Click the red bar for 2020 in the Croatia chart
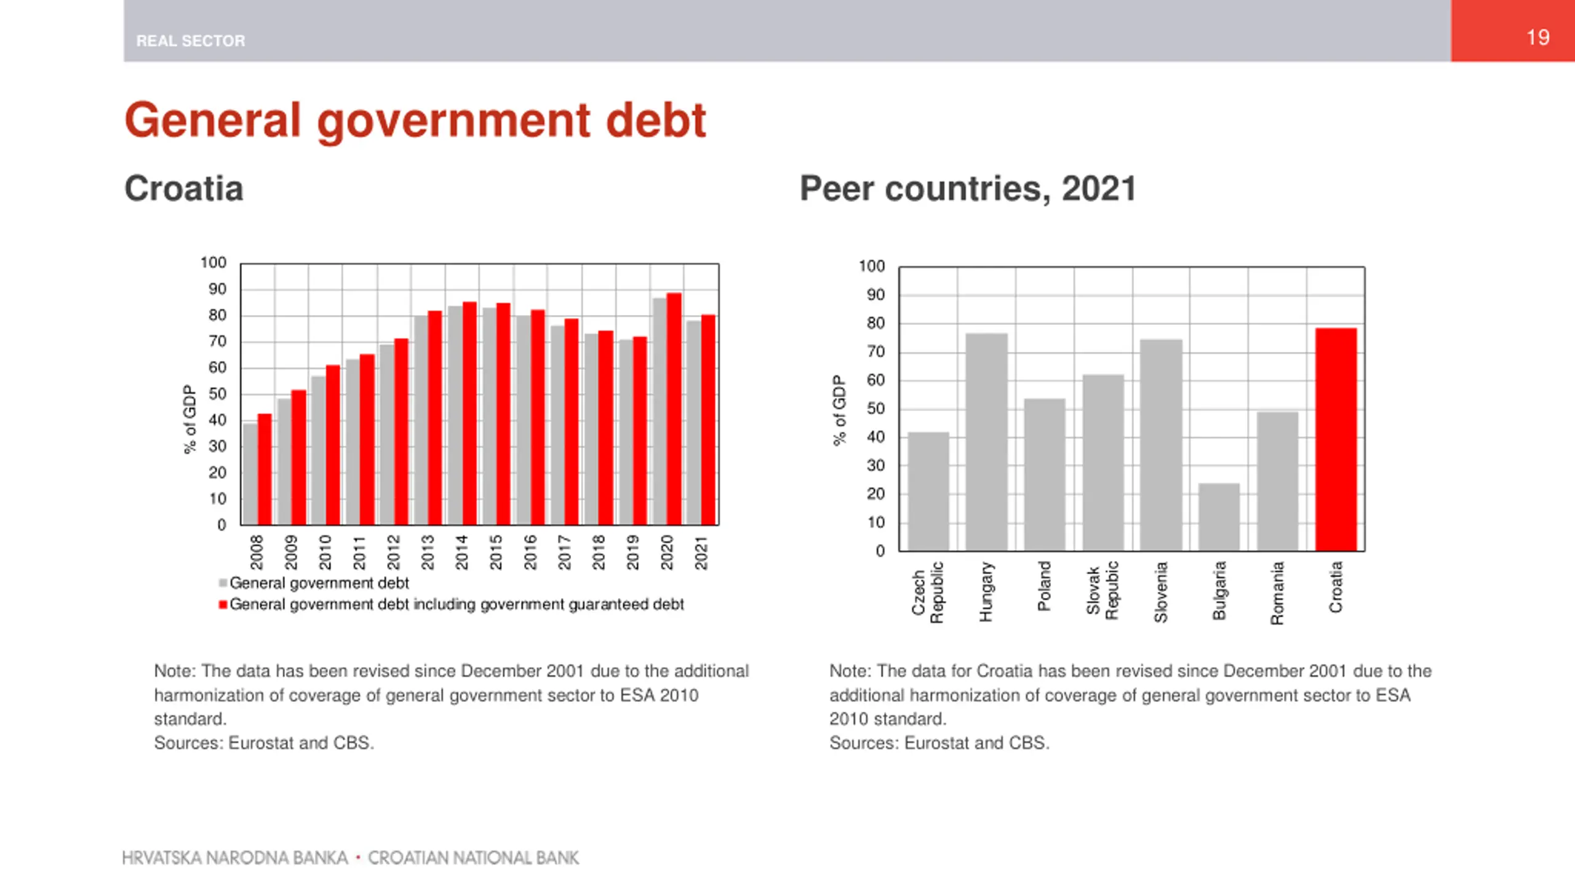[674, 409]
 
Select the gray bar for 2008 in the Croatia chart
[250, 474]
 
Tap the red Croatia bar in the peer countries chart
[1336, 439]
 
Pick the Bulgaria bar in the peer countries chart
[1219, 517]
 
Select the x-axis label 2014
[461, 552]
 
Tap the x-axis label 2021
[701, 552]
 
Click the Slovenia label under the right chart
[1160, 592]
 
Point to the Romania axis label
[1277, 593]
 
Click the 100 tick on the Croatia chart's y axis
[213, 263]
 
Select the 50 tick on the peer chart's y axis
[875, 409]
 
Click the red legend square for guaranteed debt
[223, 605]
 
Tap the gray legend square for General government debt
[223, 583]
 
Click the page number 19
[1537, 38]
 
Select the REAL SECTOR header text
[190, 41]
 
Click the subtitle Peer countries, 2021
[967, 188]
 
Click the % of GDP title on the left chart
[189, 419]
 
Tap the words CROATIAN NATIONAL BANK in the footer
[473, 858]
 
